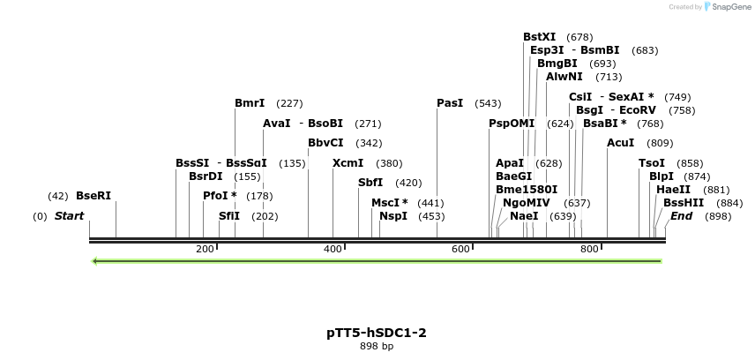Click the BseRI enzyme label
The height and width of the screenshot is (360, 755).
point(93,196)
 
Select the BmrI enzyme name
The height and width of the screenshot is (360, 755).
point(250,103)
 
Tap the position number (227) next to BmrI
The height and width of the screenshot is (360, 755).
point(289,103)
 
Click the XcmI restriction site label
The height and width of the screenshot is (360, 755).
point(348,163)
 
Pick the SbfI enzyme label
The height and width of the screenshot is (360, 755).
point(370,183)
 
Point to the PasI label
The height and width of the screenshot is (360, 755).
point(450,103)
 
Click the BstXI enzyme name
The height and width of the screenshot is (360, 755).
point(539,37)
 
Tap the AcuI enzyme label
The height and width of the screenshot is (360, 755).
point(621,143)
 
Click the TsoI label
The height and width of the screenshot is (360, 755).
point(652,163)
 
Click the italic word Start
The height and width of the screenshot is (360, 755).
point(69,216)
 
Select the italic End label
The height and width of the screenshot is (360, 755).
point(681,216)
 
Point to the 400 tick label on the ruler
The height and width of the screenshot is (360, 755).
point(333,250)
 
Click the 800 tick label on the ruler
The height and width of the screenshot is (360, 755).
point(589,250)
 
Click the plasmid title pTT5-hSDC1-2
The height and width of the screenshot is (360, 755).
point(377,333)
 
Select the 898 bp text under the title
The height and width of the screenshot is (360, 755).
point(377,347)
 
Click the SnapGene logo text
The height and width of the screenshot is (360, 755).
point(727,7)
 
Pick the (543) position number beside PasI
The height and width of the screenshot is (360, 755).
point(488,103)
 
